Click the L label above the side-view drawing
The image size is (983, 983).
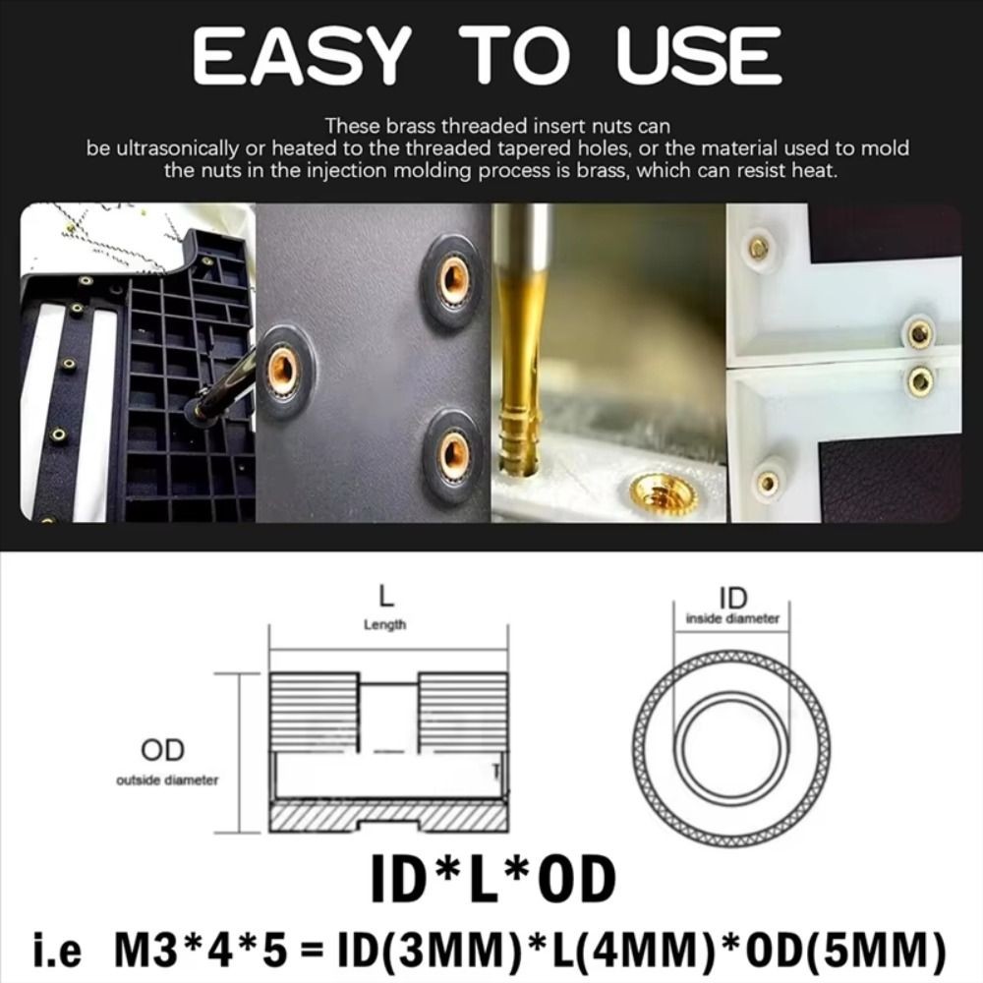(386, 596)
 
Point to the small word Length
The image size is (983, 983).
(385, 624)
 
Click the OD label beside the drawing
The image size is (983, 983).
(163, 751)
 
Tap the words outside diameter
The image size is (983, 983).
(167, 781)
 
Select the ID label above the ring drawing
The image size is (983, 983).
(732, 598)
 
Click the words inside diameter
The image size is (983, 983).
(732, 619)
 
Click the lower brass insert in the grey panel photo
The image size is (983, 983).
(453, 453)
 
